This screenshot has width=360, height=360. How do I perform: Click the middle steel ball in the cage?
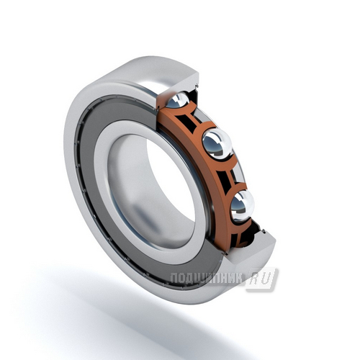[217, 143]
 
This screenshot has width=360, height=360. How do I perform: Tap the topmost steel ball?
[177, 100]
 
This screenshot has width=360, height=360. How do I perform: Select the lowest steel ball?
[242, 206]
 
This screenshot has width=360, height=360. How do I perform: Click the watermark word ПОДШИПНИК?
[206, 279]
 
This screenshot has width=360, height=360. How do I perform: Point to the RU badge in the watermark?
[262, 279]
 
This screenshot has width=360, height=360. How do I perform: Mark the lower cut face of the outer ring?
[250, 247]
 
